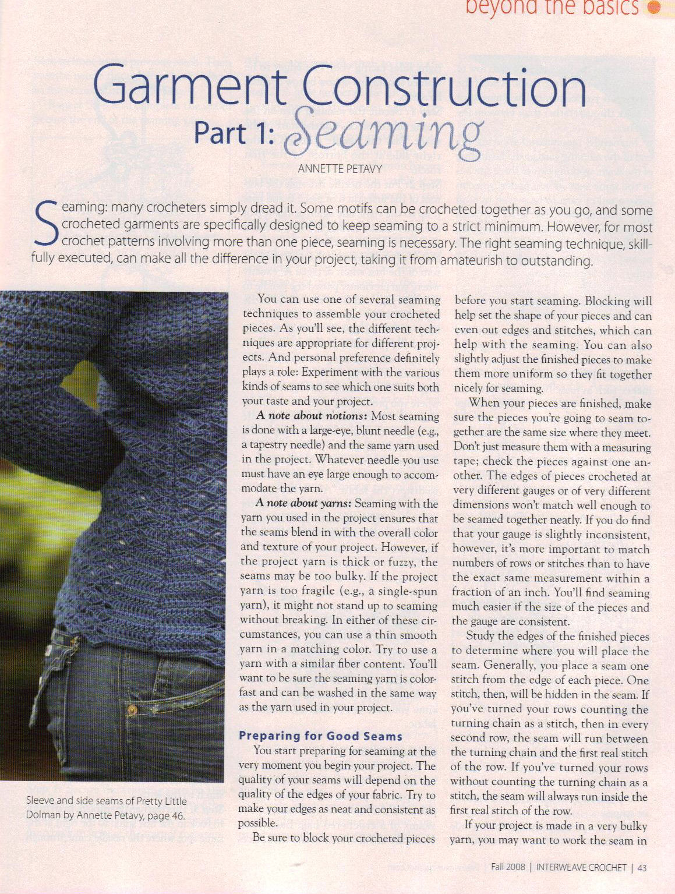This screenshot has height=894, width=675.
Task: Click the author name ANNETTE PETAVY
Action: pyautogui.click(x=340, y=169)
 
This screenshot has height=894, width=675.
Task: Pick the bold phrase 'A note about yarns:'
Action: pyautogui.click(x=303, y=504)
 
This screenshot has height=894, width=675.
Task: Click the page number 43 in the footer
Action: pyautogui.click(x=642, y=867)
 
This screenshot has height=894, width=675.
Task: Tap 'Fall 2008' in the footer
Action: pyautogui.click(x=508, y=867)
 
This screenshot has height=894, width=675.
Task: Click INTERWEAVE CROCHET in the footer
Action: pyautogui.click(x=581, y=867)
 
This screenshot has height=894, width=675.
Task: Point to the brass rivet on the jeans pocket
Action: pyautogui.click(x=132, y=711)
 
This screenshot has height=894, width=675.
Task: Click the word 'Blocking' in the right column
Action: pyautogui.click(x=608, y=302)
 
